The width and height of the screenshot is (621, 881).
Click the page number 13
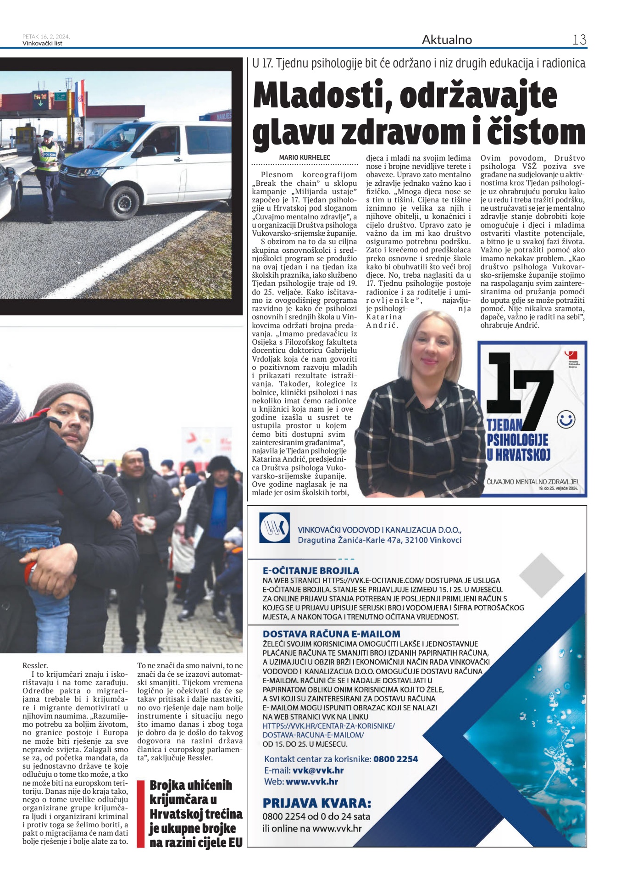(579, 40)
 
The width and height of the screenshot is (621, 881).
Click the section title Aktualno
(447, 40)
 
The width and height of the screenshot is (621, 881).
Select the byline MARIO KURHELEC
(305, 157)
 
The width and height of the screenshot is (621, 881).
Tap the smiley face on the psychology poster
(566, 419)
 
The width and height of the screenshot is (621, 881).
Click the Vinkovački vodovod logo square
(274, 528)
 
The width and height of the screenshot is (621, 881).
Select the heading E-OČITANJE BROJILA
(310, 570)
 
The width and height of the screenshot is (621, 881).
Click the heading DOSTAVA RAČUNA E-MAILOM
(331, 634)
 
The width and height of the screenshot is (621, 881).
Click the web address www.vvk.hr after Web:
(311, 781)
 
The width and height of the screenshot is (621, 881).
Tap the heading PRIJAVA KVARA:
(316, 803)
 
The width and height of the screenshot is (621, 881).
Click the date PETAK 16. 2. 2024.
(46, 37)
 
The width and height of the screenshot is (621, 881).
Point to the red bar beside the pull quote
(141, 814)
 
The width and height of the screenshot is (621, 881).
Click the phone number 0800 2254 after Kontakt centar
(395, 759)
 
